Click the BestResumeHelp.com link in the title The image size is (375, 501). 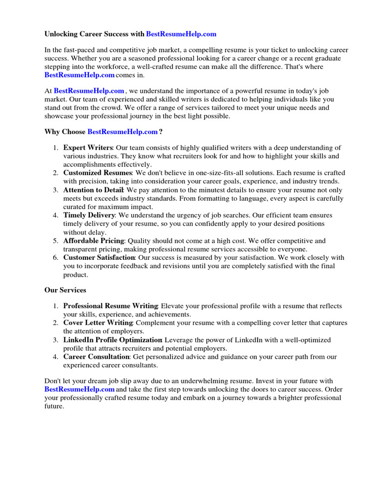click(181, 34)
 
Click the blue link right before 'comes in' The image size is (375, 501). click(79, 75)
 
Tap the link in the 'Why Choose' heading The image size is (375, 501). click(122, 132)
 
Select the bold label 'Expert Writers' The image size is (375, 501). click(88, 148)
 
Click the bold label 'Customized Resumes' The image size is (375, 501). click(97, 173)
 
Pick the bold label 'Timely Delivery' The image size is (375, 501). click(89, 215)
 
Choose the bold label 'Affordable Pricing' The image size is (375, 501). click(94, 241)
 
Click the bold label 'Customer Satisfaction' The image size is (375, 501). click(99, 257)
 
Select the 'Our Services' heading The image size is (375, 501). click(65, 290)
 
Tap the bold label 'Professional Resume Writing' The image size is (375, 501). click(110, 306)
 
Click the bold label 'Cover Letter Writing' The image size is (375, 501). click(98, 323)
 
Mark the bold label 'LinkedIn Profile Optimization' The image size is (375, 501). click(112, 340)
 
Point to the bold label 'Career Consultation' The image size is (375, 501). click(96, 357)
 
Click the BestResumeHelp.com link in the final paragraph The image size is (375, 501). click(79, 389)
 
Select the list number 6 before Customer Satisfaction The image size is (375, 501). click(56, 257)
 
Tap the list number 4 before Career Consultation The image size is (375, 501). click(56, 357)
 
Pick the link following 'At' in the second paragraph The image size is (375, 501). click(89, 91)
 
